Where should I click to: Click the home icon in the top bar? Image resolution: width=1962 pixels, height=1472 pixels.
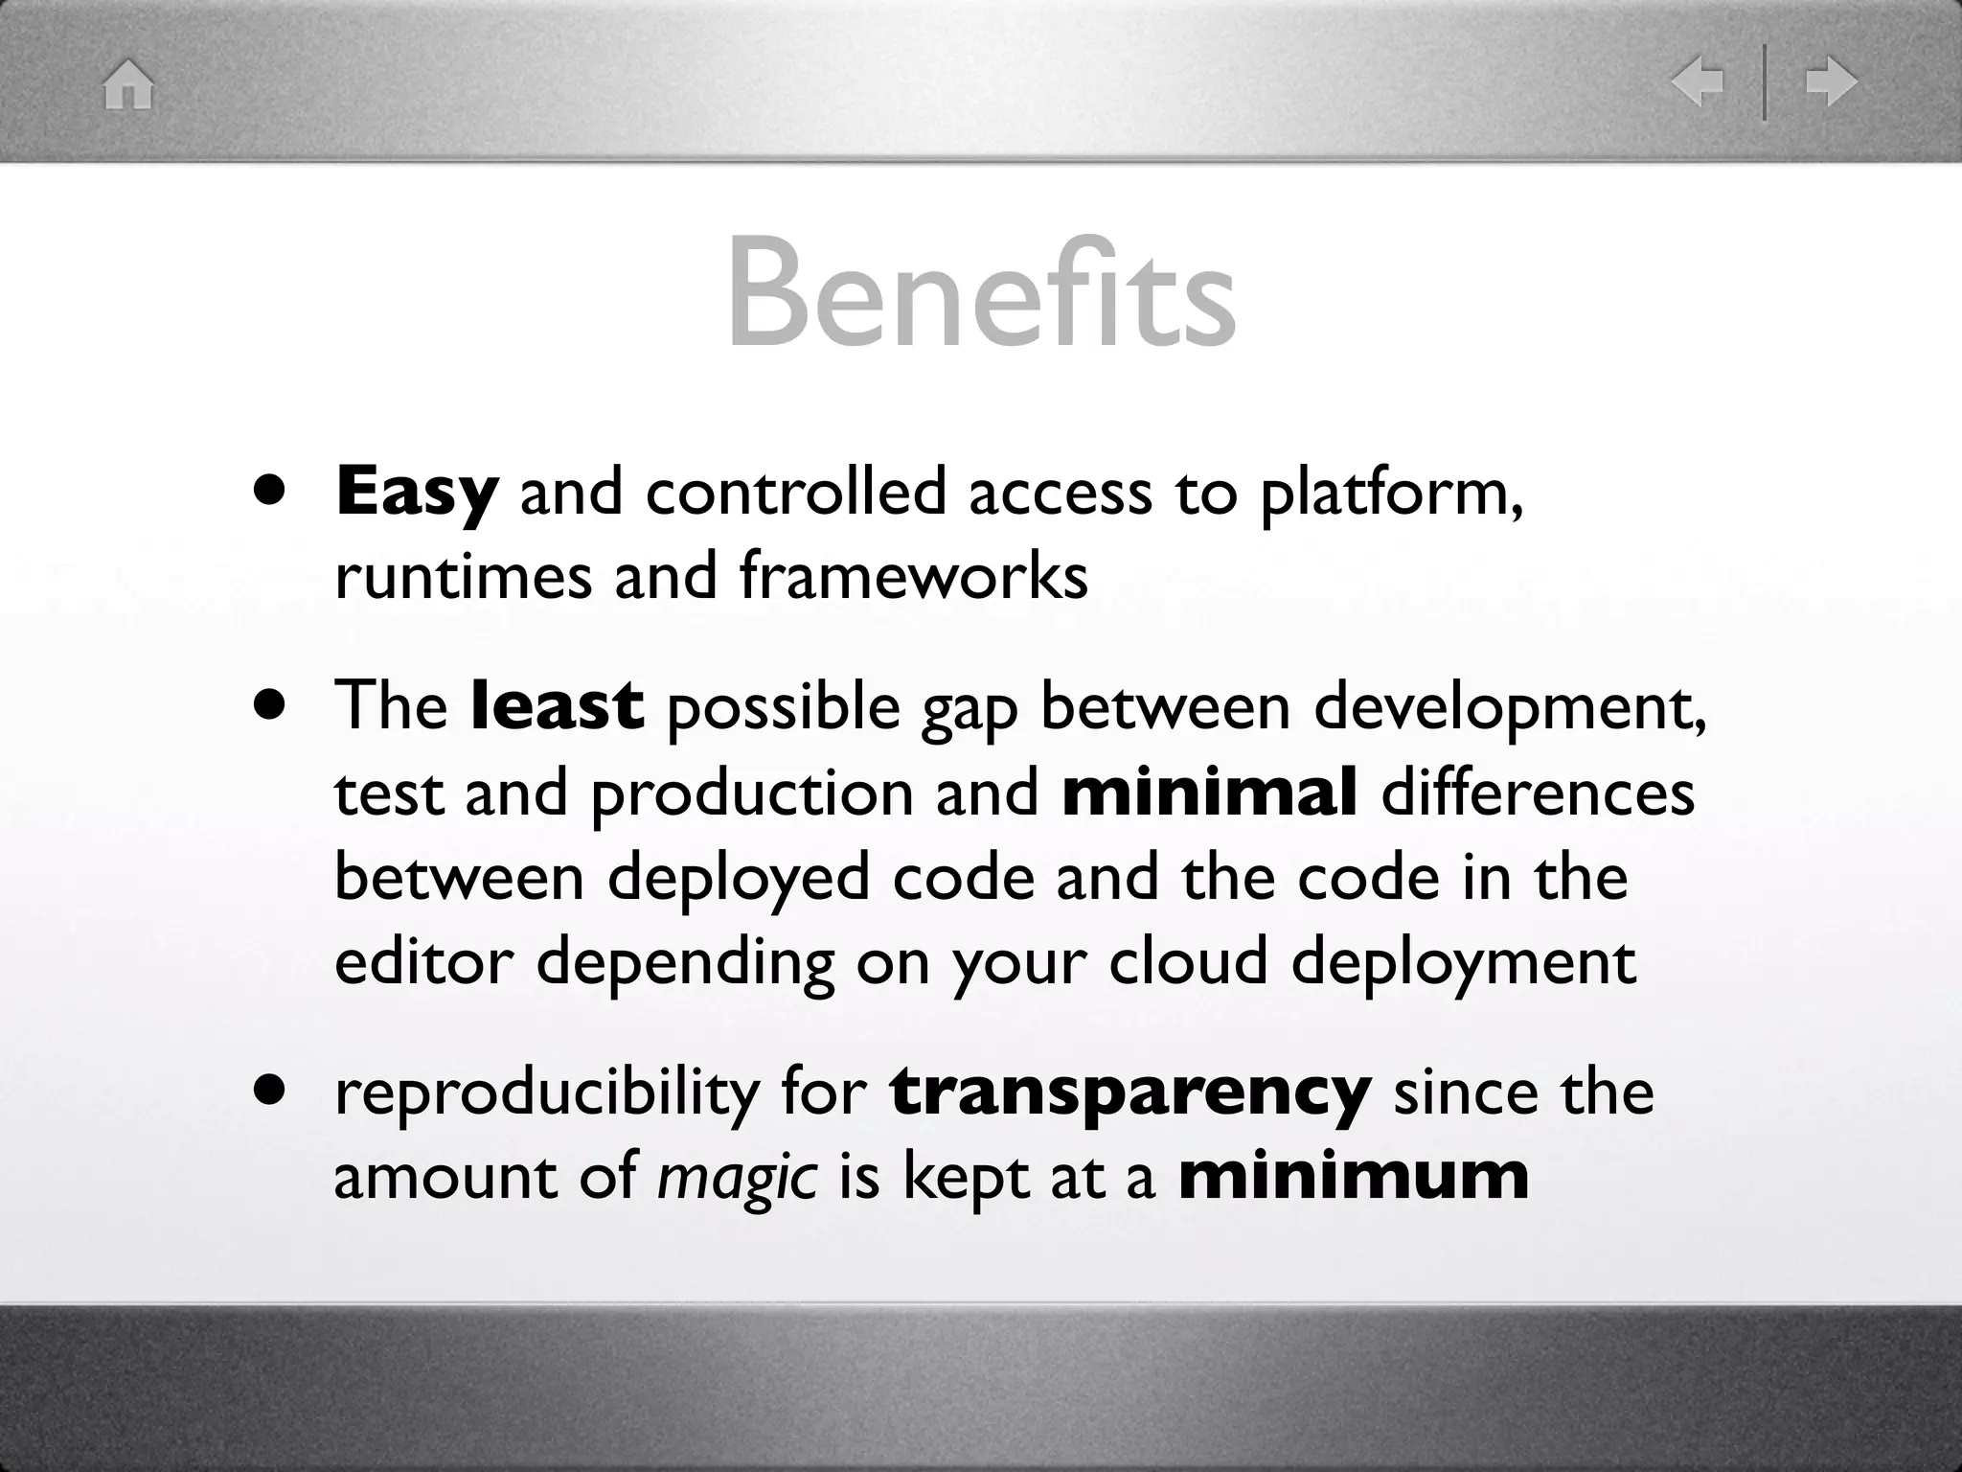(x=128, y=84)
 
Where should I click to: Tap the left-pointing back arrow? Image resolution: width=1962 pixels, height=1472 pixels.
(x=1697, y=82)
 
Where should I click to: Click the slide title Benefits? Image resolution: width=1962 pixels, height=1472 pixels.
(x=981, y=292)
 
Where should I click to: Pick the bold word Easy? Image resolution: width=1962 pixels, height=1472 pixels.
(x=417, y=493)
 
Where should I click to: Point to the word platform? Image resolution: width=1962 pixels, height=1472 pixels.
(x=1389, y=493)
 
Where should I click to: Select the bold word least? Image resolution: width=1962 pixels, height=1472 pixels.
(x=558, y=705)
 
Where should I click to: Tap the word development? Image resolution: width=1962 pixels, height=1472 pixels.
(x=1510, y=707)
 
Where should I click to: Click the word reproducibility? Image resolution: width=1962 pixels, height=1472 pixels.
(x=546, y=1092)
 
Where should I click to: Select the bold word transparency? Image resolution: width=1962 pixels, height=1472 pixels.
(x=1130, y=1092)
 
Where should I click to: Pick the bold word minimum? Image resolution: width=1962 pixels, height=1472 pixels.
(x=1354, y=1177)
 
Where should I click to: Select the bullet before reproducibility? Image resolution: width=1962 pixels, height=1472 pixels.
(x=271, y=1090)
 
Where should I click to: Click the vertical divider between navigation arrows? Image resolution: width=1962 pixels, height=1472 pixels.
(x=1764, y=82)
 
